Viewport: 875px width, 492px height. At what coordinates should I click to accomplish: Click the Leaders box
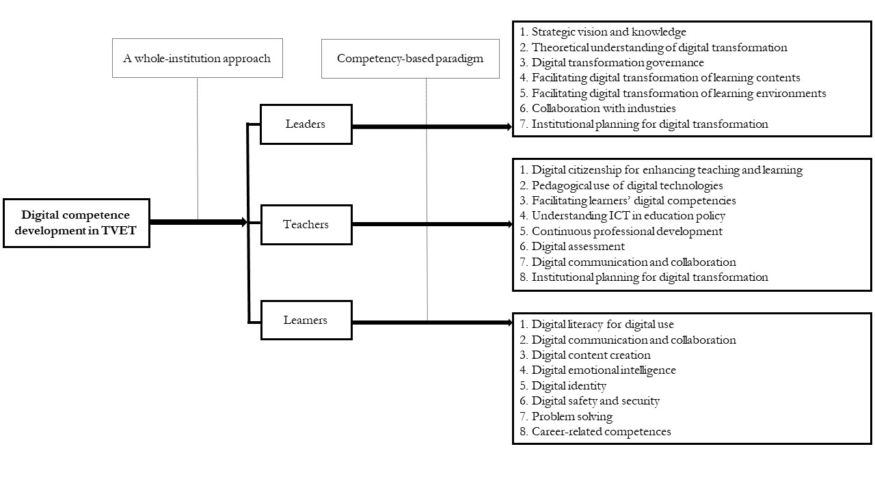(x=306, y=124)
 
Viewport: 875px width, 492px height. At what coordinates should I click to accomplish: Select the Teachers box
(x=306, y=224)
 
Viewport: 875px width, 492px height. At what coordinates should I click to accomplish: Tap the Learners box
(x=306, y=320)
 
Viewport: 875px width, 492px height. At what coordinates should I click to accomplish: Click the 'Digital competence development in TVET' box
(x=76, y=223)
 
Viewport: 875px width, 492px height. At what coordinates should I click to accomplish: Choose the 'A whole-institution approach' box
(x=197, y=58)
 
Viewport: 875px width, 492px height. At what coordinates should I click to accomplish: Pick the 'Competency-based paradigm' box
(x=409, y=58)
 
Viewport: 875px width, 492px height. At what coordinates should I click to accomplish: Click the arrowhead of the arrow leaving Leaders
(x=508, y=126)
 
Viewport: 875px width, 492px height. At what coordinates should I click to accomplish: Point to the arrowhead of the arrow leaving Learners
(x=508, y=322)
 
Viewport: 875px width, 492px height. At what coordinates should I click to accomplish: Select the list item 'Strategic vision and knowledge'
(x=608, y=32)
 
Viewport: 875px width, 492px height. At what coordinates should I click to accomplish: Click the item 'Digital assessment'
(x=578, y=247)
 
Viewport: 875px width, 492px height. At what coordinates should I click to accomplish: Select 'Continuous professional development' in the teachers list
(x=627, y=231)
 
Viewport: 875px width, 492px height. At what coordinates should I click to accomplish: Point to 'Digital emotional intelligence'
(x=603, y=370)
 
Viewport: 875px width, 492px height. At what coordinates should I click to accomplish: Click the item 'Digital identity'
(x=569, y=386)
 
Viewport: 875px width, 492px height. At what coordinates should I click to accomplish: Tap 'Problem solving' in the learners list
(x=571, y=416)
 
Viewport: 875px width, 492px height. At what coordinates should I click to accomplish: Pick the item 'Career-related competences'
(x=601, y=432)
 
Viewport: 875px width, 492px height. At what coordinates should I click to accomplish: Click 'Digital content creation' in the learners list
(x=591, y=355)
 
